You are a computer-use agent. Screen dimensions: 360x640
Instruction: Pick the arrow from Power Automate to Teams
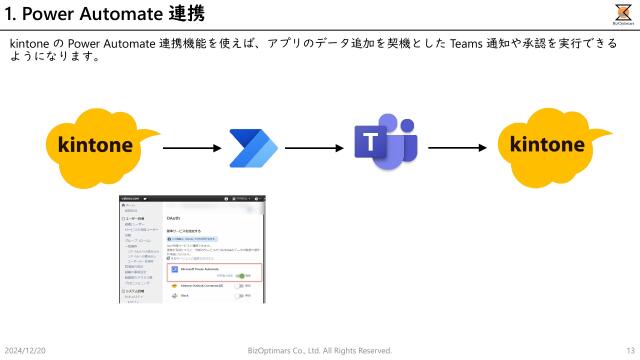tap(313, 148)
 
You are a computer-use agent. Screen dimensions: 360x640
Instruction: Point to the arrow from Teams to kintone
tap(456, 148)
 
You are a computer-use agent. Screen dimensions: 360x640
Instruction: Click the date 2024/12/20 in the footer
tap(26, 350)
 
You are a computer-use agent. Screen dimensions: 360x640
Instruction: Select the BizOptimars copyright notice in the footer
tap(319, 350)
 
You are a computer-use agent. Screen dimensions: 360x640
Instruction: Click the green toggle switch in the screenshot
tap(240, 277)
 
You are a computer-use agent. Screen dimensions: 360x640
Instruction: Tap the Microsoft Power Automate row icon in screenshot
tap(176, 269)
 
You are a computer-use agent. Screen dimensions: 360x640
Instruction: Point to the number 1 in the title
tap(10, 14)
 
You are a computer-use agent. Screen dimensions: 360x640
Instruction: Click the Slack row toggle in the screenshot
tap(240, 296)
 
